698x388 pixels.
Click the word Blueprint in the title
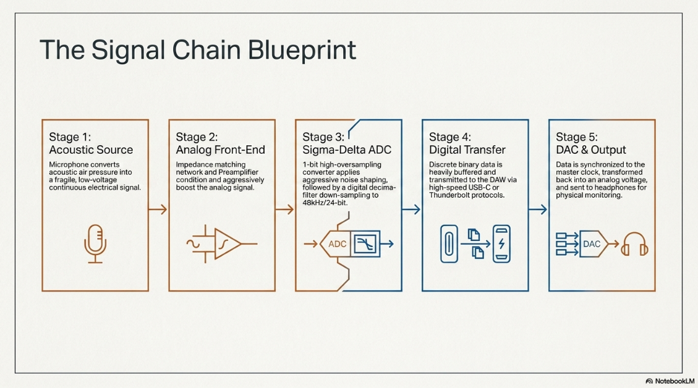pos(302,50)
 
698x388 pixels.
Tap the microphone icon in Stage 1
pos(95,244)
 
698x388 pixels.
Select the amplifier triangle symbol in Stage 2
pos(228,244)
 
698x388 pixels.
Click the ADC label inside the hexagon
pos(338,244)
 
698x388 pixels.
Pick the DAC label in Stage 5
pos(592,244)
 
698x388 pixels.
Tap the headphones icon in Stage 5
pos(634,244)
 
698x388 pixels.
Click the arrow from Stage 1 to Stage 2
pos(158,209)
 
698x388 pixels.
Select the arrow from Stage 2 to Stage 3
pos(285,209)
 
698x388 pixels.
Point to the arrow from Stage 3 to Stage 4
pos(411,209)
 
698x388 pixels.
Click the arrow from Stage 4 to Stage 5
pos(538,209)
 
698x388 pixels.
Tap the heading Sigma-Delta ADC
pos(347,150)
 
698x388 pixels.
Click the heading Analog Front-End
pos(220,150)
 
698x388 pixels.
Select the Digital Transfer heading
pos(467,150)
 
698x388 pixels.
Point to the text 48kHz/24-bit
pos(325,203)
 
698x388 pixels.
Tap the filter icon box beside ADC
pos(365,244)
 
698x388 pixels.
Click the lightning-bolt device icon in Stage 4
pos(501,244)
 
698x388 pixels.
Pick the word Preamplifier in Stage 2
pos(237,172)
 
